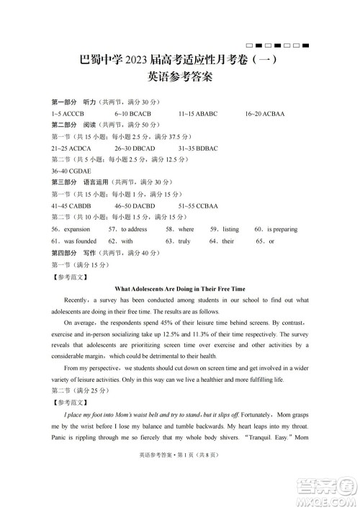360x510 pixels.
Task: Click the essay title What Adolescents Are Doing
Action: pyautogui.click(x=180, y=287)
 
